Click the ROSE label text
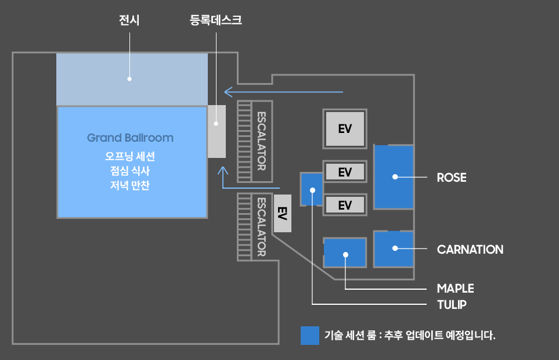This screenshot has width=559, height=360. [x=451, y=178]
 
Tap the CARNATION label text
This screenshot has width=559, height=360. [x=470, y=250]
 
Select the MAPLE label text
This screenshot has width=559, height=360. [x=455, y=289]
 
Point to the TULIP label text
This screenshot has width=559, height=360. [x=452, y=304]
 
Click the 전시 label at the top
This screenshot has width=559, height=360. [x=129, y=21]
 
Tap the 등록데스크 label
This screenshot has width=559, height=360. [x=215, y=21]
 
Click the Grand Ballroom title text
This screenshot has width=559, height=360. [x=130, y=138]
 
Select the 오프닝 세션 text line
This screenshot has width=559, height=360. [x=130, y=157]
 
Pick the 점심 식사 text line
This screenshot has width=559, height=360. [x=130, y=171]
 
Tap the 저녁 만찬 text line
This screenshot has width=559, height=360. [x=130, y=186]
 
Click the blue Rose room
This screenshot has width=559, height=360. [x=394, y=177]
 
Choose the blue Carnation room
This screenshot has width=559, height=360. [x=394, y=249]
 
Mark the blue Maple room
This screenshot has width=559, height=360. [x=345, y=253]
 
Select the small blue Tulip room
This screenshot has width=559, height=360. [x=312, y=189]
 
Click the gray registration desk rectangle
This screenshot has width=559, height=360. [x=217, y=131]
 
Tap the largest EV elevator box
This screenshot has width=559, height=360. [x=345, y=128]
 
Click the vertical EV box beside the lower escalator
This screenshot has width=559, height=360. [x=282, y=214]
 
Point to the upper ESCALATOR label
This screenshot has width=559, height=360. [x=261, y=141]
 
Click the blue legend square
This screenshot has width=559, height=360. [x=310, y=335]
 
